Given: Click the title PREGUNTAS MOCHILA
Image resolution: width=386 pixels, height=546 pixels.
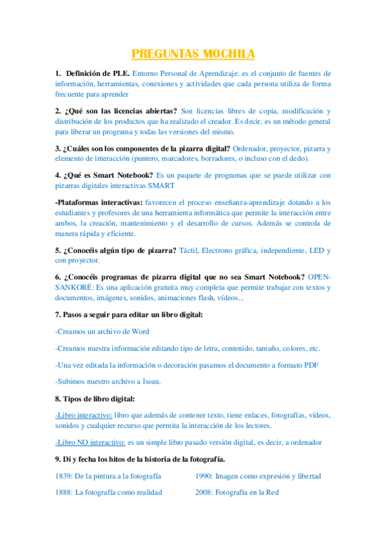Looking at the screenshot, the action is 193,53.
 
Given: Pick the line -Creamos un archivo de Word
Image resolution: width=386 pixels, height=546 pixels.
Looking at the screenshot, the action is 102,332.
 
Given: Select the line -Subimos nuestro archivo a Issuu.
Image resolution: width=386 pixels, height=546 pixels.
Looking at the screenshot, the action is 108,381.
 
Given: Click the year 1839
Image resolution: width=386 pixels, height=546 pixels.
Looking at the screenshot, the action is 64,476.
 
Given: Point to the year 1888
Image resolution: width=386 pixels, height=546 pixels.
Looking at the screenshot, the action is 64,493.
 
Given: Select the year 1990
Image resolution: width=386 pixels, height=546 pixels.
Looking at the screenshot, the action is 204,476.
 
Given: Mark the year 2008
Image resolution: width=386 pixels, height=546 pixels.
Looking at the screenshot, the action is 204,493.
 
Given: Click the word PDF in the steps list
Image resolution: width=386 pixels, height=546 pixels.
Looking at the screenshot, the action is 311,365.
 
